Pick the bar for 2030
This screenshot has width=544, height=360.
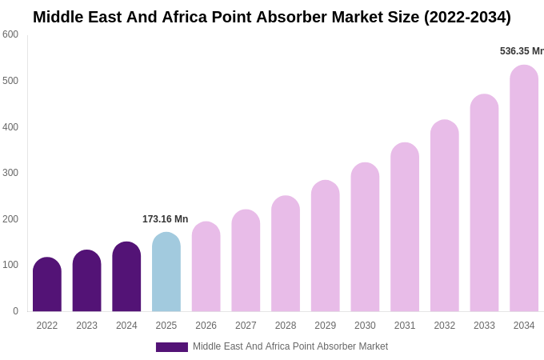pos(365,238)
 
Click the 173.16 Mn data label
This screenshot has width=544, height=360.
pos(166,219)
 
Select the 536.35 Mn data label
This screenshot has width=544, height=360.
pos(522,51)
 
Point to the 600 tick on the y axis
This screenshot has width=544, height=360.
pos(10,34)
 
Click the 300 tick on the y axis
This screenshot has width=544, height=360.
pos(10,173)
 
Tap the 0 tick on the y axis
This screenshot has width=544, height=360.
pos(15,311)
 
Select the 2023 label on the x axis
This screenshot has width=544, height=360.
pos(86,326)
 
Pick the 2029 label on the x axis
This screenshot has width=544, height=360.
pos(325,326)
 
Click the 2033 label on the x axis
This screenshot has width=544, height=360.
pos(484,326)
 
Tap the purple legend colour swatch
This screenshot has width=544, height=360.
pos(172,347)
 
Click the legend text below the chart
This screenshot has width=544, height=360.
pos(290,346)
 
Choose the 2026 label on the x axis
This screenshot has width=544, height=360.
pos(206,326)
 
